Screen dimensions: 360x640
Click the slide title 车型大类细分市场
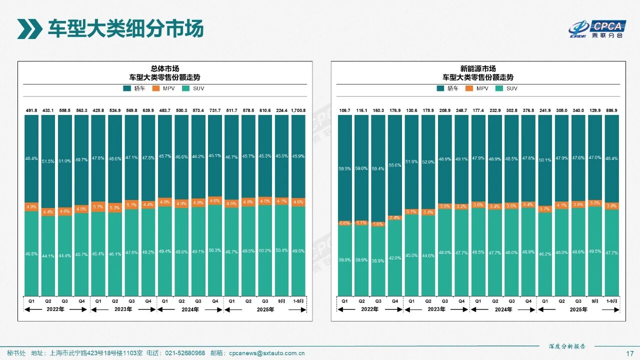(x=125, y=28)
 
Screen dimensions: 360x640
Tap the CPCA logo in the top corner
(x=597, y=28)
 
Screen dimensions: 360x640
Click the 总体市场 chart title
(x=164, y=68)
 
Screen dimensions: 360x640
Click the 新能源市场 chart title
(x=478, y=68)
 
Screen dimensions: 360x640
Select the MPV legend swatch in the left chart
(x=155, y=88)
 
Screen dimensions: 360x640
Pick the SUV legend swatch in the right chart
(x=497, y=88)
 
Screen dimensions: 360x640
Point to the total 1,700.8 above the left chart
(x=298, y=110)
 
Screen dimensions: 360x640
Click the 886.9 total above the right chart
(x=611, y=110)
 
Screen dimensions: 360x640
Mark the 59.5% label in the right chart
(x=344, y=169)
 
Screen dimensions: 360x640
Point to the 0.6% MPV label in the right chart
(x=344, y=223)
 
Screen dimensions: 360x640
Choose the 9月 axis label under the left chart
(x=281, y=301)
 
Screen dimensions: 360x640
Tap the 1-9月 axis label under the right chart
(x=611, y=301)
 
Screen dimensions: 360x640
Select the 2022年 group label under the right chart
(x=369, y=309)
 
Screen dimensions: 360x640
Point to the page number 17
(x=630, y=353)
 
